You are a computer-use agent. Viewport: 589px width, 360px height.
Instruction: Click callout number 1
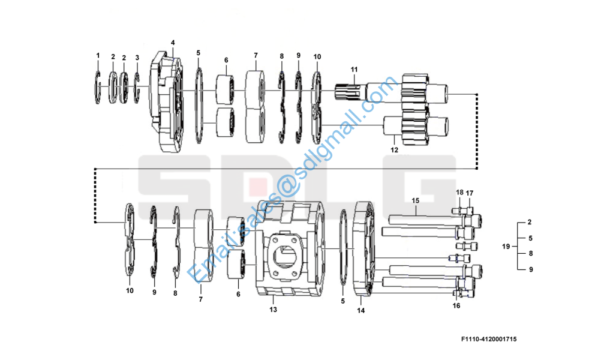(x=98, y=56)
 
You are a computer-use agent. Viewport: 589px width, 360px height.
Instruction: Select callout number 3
(x=137, y=58)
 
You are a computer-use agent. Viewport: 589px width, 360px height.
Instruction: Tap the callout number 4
(x=173, y=43)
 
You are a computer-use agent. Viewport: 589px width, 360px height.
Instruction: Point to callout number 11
(x=354, y=70)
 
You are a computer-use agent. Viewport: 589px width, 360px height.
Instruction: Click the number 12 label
(x=394, y=150)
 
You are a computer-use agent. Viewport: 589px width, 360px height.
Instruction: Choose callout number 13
(x=273, y=310)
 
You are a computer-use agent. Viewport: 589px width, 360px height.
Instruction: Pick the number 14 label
(x=360, y=311)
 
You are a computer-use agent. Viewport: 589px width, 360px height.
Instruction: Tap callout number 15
(x=415, y=200)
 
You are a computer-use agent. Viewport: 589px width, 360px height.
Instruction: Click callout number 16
(x=456, y=306)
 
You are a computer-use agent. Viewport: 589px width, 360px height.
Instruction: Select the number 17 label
(x=470, y=193)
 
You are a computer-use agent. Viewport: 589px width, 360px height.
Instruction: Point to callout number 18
(x=460, y=193)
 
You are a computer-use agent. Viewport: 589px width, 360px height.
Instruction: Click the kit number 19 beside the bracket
(x=506, y=247)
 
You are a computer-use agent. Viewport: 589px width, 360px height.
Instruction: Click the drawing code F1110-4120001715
(x=489, y=339)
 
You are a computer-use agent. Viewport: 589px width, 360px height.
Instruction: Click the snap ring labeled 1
(x=97, y=87)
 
